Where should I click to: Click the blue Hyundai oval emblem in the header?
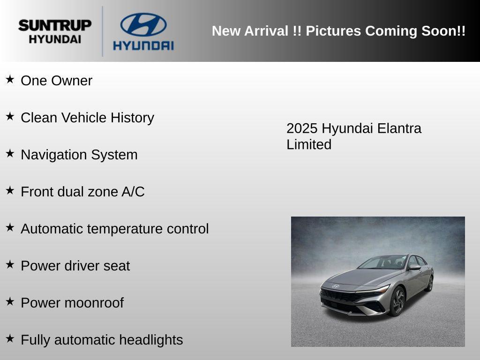(x=143, y=24)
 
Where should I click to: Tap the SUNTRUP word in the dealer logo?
(x=55, y=25)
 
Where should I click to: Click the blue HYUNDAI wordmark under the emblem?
(x=143, y=45)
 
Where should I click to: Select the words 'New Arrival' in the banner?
(x=250, y=31)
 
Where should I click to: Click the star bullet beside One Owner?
(x=10, y=79)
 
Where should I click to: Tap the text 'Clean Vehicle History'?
(x=87, y=118)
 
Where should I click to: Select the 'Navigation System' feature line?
(x=79, y=155)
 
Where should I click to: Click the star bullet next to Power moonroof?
(x=10, y=301)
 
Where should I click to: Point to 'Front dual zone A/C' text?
(x=82, y=192)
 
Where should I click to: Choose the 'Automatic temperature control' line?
(x=115, y=229)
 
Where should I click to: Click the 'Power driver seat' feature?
(x=75, y=266)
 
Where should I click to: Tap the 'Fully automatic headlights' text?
(x=102, y=340)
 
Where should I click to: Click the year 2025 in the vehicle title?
(x=302, y=128)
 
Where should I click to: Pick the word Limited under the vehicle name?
(x=309, y=144)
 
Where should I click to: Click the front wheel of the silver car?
(x=397, y=300)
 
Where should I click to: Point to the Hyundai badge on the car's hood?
(x=336, y=285)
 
